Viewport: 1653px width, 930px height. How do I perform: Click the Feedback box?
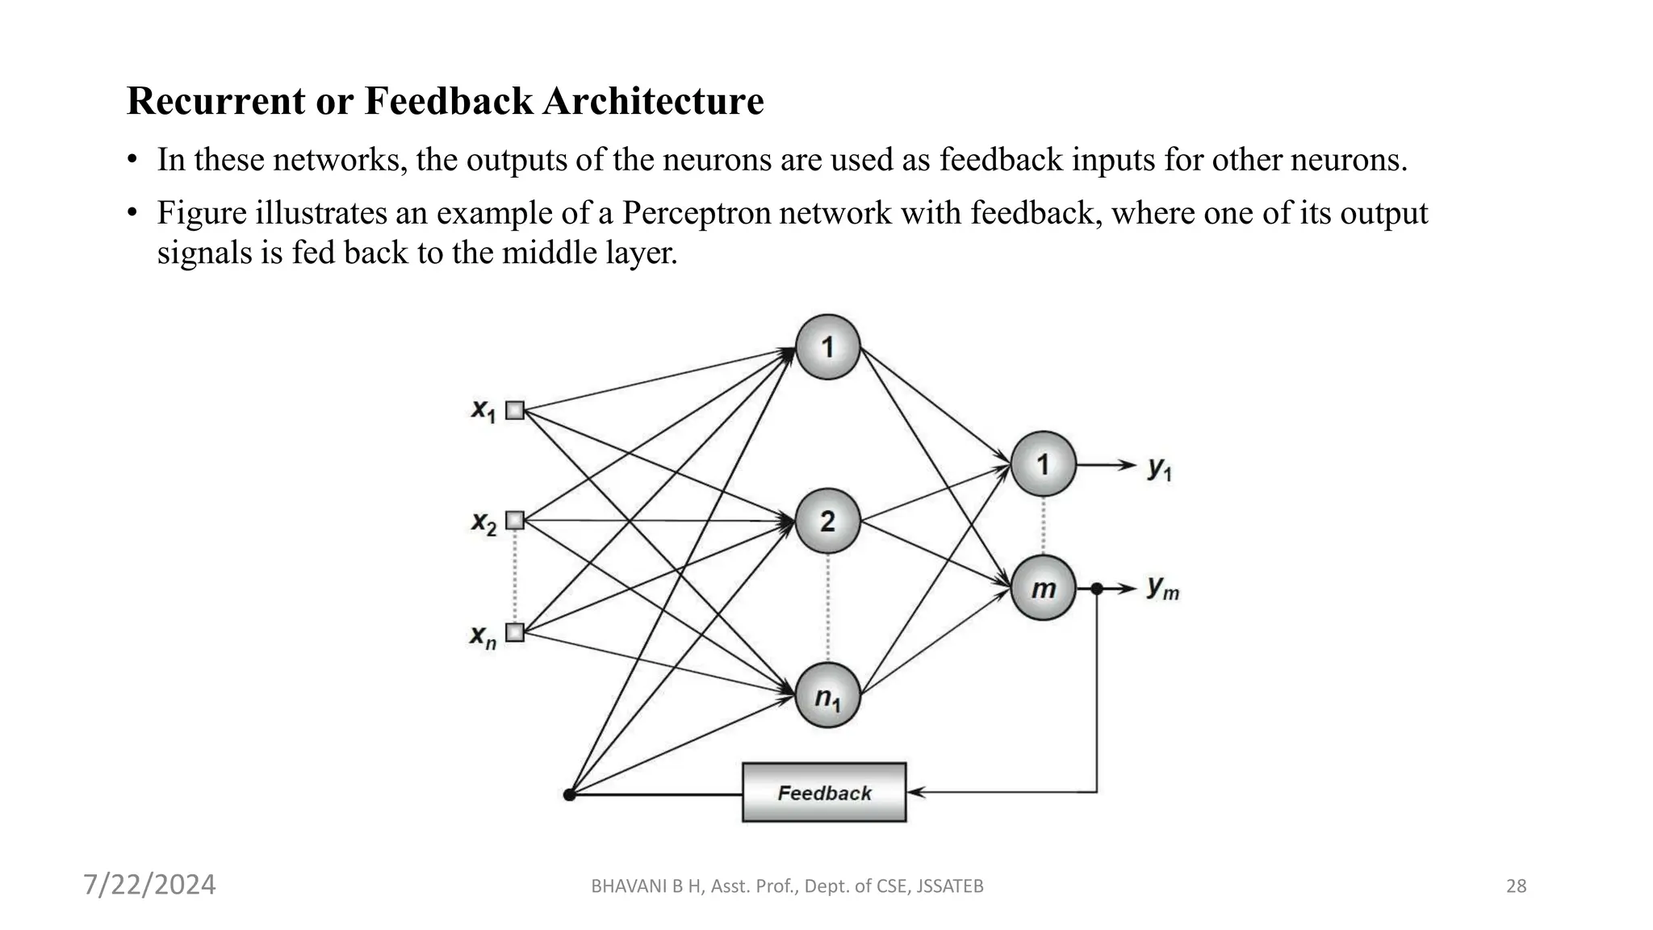click(823, 792)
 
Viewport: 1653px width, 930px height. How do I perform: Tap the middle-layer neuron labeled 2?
click(827, 521)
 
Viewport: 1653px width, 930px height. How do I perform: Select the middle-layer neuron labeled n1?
click(827, 695)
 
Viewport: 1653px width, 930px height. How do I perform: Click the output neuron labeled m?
click(1043, 589)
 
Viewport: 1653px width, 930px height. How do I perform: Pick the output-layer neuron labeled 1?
click(1043, 464)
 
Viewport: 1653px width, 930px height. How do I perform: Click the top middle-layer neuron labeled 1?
click(827, 347)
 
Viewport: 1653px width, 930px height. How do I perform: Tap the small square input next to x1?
click(515, 410)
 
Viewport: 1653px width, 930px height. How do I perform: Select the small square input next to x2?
click(515, 521)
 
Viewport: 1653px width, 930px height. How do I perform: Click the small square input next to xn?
click(515, 632)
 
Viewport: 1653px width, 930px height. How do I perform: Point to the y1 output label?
click(1159, 467)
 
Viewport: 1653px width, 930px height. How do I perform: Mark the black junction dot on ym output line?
click(1096, 589)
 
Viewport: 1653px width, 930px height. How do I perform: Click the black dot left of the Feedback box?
click(569, 794)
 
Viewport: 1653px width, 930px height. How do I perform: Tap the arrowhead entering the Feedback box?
click(914, 792)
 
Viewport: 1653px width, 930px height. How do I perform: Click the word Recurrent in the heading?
click(216, 101)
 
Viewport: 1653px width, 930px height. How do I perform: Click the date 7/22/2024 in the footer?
click(149, 885)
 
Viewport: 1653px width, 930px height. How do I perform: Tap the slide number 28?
click(1516, 886)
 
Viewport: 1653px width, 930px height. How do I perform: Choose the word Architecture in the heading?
click(653, 101)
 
